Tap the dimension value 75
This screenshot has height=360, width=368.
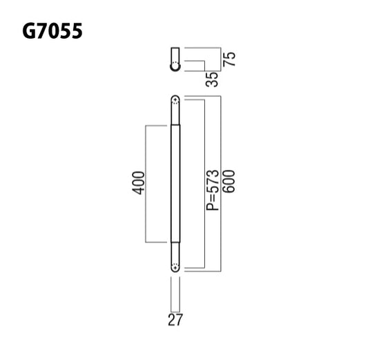click(233, 58)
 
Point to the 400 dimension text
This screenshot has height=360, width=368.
click(138, 182)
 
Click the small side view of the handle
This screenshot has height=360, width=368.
click(175, 58)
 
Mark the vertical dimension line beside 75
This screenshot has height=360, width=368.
click(220, 58)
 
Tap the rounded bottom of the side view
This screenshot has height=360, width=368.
click(175, 67)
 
